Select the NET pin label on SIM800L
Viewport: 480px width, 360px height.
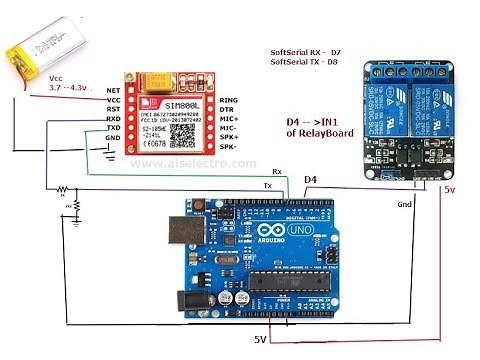(x=113, y=90)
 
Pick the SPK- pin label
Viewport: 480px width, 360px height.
(x=230, y=148)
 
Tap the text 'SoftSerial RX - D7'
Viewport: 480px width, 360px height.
(x=311, y=50)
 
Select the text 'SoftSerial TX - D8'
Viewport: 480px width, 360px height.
(x=311, y=62)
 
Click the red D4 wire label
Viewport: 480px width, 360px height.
(x=312, y=180)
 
